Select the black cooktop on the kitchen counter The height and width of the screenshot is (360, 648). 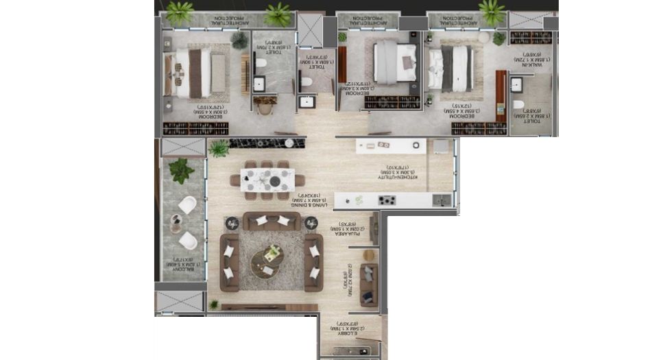pos(387,200)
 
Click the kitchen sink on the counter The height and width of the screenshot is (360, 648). pos(442,200)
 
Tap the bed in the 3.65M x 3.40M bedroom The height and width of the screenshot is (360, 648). pos(396,62)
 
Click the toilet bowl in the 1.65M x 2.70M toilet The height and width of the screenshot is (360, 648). pos(260,63)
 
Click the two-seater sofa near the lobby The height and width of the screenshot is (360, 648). pos(369,284)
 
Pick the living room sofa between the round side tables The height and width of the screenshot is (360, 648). pos(271,221)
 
